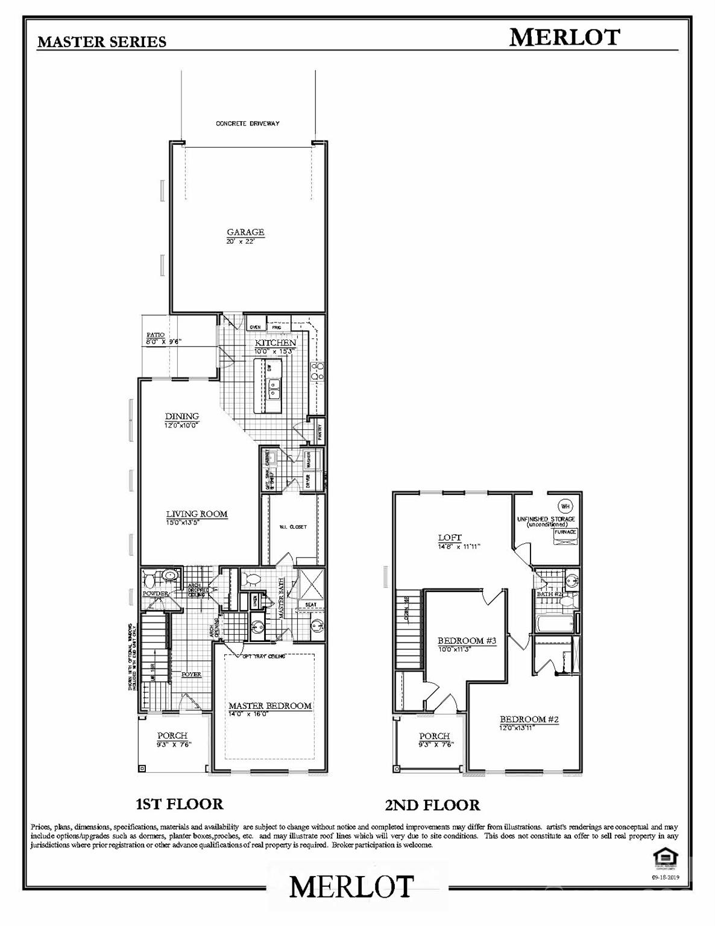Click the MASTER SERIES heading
(101, 42)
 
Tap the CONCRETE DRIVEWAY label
(248, 124)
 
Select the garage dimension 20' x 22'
(241, 241)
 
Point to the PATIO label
(156, 335)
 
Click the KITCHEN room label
(275, 342)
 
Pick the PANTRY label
(320, 432)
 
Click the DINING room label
(182, 416)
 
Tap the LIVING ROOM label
(197, 514)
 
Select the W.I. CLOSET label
(292, 527)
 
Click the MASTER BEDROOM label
(270, 705)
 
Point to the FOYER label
(192, 674)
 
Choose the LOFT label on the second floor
(450, 538)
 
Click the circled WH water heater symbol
(565, 505)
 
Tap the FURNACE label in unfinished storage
(565, 532)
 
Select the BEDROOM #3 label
(467, 640)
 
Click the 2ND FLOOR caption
(432, 805)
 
